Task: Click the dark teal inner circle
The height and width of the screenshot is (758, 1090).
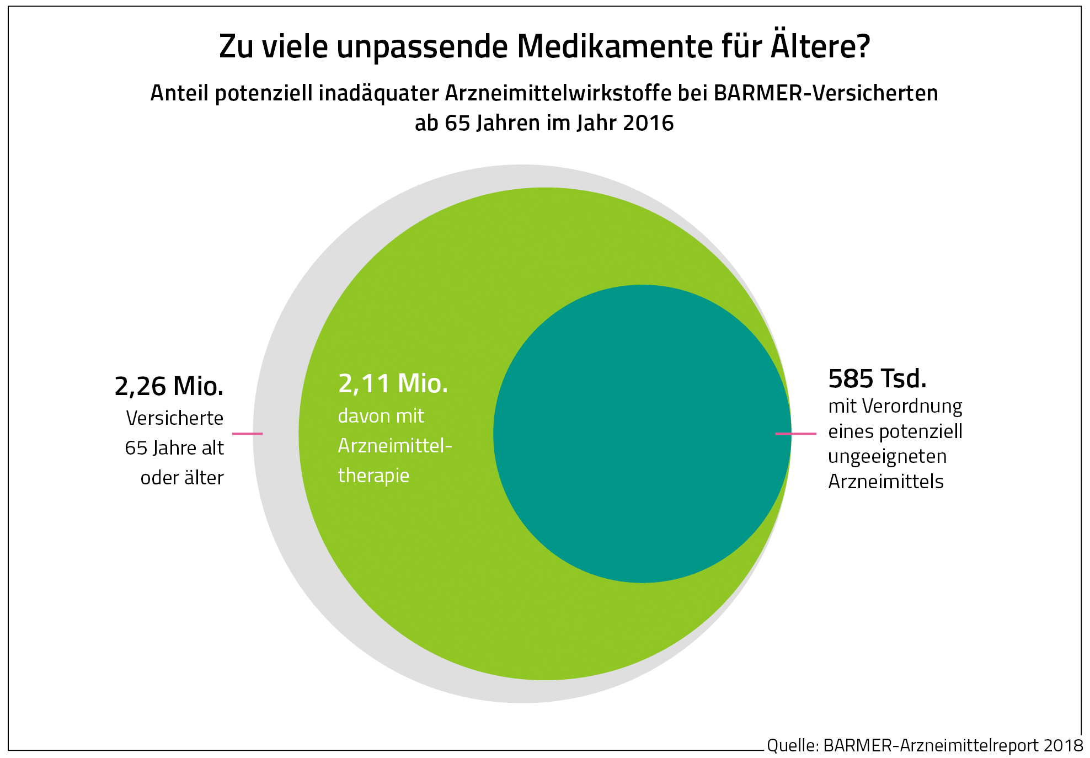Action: point(642,434)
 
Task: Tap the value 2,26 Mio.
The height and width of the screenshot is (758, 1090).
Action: point(169,386)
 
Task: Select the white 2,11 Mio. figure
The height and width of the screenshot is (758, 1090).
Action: point(393,383)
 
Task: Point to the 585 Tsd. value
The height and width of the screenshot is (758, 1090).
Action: point(877,379)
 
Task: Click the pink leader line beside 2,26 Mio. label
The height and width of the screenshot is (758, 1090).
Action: point(247,434)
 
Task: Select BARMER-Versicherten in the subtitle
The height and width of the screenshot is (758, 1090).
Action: point(825,93)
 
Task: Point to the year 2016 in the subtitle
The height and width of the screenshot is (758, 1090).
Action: point(648,123)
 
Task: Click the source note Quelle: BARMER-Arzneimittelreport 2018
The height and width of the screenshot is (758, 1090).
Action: point(925,745)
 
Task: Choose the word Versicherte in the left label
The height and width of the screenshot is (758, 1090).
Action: point(174,418)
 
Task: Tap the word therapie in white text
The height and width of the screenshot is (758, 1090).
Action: point(373,475)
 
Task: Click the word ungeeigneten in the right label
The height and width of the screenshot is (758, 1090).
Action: point(887,457)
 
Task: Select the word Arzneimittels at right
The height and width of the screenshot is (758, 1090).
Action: point(885,482)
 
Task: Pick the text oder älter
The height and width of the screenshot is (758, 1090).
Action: point(182,478)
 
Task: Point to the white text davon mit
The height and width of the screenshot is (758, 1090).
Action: point(381,416)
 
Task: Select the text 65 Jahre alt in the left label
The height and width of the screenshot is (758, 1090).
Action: point(174,448)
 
